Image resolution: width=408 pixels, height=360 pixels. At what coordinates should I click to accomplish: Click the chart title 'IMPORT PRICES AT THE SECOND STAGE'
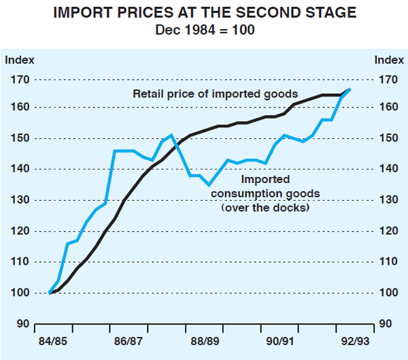click(204, 12)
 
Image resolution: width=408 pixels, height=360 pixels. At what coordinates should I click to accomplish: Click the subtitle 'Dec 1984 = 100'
click(204, 29)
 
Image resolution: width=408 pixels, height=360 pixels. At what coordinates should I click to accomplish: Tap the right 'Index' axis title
click(388, 59)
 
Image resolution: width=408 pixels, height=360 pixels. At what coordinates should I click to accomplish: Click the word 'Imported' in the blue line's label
click(265, 180)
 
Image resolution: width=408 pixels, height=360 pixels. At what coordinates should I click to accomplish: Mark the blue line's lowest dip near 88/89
click(209, 184)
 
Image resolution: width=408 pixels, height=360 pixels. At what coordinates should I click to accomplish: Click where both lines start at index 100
click(50, 293)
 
